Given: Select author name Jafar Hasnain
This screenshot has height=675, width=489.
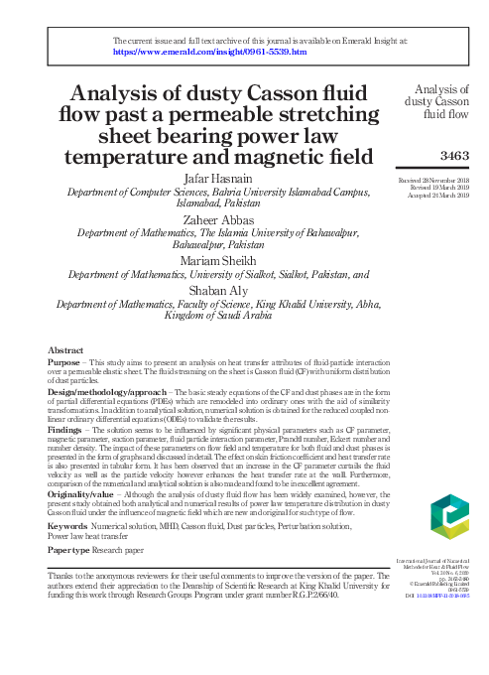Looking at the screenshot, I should coord(218,178).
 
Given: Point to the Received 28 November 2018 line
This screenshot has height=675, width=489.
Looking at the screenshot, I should coord(432,173).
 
